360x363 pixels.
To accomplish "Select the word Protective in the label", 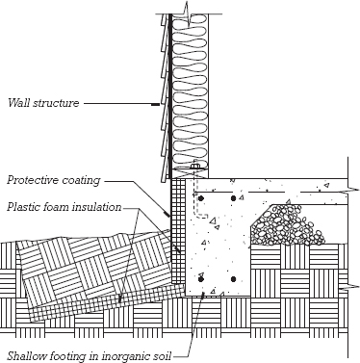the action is pos(33,180).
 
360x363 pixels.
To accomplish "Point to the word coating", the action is pos(81,180).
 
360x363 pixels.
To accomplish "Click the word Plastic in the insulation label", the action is pos(22,207).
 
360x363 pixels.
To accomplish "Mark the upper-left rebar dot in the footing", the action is pos(201,198).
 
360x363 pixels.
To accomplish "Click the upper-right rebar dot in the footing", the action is pos(233,198).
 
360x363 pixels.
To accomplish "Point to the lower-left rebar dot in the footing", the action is pos(201,279).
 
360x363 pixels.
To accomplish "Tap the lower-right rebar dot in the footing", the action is pos(233,279).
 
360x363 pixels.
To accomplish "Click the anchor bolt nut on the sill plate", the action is pos(194,167).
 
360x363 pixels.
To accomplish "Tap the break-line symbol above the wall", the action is pos(187,13).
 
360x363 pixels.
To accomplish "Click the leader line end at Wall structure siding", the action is pos(156,104).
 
